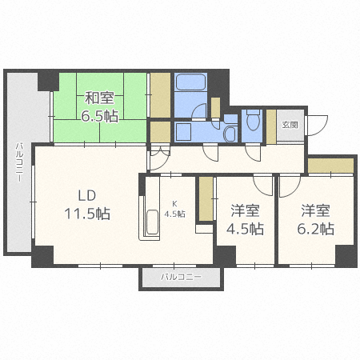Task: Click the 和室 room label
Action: pos(99,98)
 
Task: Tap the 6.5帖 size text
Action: pos(99,116)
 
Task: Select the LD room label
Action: pos(87,196)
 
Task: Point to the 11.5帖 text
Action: pos(87,214)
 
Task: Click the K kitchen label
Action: pos(174,204)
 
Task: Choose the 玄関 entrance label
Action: pos(290,125)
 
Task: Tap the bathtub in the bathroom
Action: pos(190,82)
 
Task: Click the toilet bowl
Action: pos(253,121)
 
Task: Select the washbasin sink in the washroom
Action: pos(230,134)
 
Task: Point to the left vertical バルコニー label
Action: pos(19,162)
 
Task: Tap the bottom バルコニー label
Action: pos(182,277)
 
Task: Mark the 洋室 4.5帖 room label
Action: pos(245,219)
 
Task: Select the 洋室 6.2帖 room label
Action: pos(316,219)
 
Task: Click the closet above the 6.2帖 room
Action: pos(330,166)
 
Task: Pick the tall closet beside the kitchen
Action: pos(206,198)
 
